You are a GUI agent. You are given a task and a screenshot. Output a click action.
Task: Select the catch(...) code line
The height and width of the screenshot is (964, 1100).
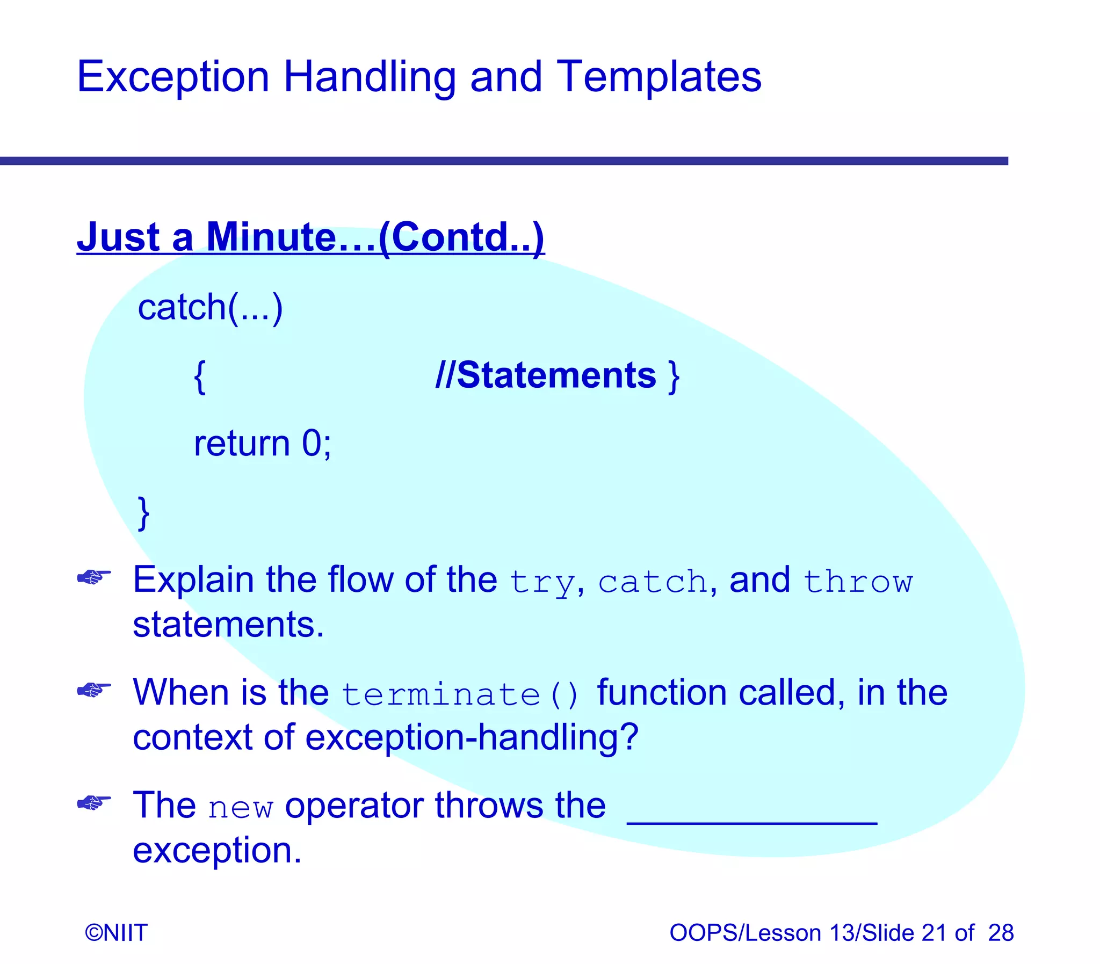click(x=210, y=308)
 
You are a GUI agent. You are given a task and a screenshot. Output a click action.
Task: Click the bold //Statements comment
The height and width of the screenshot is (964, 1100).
click(x=545, y=375)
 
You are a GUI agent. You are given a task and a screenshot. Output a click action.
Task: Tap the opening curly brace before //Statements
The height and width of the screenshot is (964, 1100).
click(x=200, y=377)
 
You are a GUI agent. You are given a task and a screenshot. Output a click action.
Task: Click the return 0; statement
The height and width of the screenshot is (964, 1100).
click(x=262, y=444)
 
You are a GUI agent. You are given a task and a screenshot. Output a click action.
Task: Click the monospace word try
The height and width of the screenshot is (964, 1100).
click(x=542, y=582)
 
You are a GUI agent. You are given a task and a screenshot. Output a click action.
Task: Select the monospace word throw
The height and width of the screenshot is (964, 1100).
click(x=858, y=582)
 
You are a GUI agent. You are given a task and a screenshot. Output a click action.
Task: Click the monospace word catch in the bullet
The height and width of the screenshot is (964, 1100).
click(x=653, y=582)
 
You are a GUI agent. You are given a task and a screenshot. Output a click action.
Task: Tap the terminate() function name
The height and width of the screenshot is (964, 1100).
click(x=460, y=694)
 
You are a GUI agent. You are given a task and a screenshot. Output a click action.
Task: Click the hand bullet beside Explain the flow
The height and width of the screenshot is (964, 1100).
click(x=93, y=578)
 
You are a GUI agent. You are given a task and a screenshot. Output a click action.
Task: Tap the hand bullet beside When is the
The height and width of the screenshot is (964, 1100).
click(x=93, y=690)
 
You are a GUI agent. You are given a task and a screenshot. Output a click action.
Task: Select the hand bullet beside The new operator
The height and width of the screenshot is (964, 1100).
click(x=93, y=803)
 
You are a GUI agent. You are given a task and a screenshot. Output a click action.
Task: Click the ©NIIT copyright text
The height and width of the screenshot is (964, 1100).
click(x=115, y=933)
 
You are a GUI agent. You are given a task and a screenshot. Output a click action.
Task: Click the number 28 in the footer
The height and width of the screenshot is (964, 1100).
click(x=1001, y=933)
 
